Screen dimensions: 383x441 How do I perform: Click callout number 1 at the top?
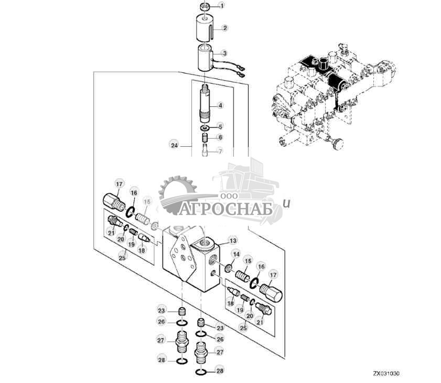point(221,6)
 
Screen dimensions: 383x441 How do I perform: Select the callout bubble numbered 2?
point(224,28)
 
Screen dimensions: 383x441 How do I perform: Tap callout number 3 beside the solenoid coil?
point(224,53)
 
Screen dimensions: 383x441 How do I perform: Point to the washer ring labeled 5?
point(204,128)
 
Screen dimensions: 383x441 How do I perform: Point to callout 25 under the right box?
point(243,327)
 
